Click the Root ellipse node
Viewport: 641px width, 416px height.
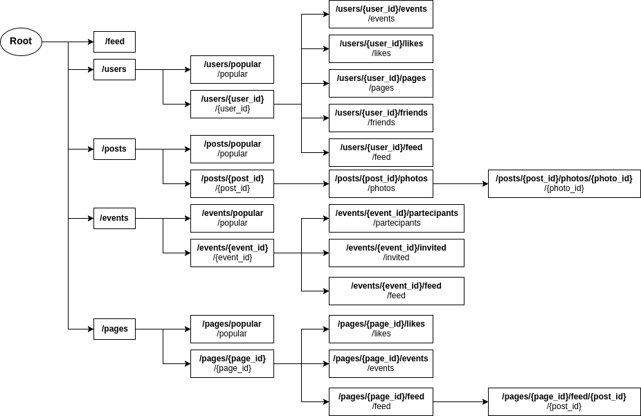click(21, 42)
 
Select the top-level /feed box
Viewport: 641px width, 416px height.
click(114, 42)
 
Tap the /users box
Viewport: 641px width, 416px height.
click(114, 69)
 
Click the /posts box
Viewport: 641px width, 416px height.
click(114, 149)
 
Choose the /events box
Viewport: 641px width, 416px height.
click(114, 218)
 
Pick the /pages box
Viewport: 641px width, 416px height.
click(114, 329)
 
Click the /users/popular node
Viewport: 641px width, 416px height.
click(232, 69)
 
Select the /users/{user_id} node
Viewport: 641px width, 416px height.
click(232, 104)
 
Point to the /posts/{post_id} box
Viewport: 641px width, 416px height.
click(232, 183)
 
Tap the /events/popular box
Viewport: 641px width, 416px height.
click(232, 218)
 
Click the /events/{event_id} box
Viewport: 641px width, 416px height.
click(232, 253)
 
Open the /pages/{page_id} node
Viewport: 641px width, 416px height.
click(232, 363)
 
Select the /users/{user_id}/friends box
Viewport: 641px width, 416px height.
click(381, 118)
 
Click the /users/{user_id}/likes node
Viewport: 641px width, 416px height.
click(381, 48)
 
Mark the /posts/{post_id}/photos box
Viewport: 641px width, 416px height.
click(381, 183)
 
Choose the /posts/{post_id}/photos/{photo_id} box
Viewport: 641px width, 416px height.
click(563, 183)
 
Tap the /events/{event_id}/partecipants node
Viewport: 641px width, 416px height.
click(396, 218)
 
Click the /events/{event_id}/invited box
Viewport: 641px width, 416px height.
click(396, 253)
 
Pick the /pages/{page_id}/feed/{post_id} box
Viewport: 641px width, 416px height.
click(563, 401)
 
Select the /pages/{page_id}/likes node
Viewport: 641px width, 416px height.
click(381, 329)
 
